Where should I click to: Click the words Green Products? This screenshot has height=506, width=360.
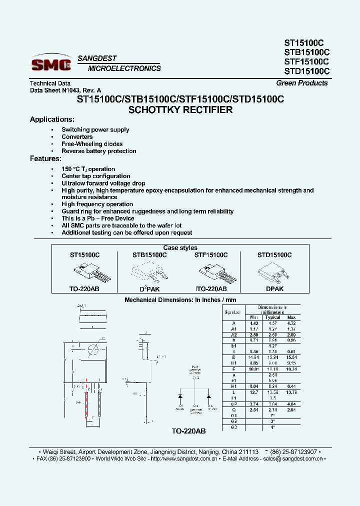click(301, 83)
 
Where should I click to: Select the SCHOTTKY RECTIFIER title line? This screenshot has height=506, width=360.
click(180, 110)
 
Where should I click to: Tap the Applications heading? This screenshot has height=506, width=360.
click(52, 119)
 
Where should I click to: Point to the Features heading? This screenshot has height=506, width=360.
click(45, 158)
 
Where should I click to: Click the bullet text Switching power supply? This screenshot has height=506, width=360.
click(95, 129)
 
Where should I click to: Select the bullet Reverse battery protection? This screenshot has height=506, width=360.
click(98, 151)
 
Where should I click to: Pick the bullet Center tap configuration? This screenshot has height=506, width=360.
click(95, 176)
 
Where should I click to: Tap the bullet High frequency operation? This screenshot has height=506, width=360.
click(97, 204)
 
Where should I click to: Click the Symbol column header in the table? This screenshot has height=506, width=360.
click(232, 312)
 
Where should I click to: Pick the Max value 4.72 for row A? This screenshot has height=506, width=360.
click(291, 323)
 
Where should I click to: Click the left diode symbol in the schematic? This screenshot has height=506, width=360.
click(180, 396)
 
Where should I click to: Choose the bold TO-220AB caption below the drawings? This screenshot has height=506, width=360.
click(188, 430)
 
